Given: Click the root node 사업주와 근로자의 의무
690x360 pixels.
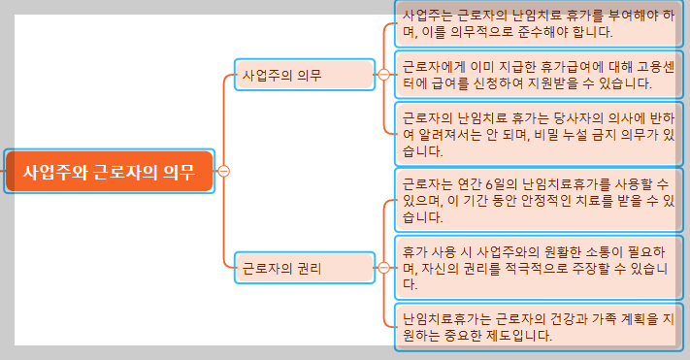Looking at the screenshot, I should [109, 172].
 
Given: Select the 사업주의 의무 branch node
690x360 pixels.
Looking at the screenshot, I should [305, 75].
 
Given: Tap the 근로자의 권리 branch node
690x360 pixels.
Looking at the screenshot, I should [305, 267].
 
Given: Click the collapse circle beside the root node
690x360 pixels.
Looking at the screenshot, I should [224, 172].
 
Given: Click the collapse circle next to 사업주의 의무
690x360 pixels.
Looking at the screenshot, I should [384, 75].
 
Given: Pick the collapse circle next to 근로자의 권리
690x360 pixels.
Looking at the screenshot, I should [384, 267].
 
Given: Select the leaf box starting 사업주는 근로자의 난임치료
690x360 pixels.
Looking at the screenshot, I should [539, 23].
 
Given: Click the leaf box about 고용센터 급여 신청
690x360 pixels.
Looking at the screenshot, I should [539, 75].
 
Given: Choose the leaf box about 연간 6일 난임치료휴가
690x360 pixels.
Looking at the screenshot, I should [539, 200].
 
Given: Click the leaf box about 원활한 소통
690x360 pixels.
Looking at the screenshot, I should [539, 268].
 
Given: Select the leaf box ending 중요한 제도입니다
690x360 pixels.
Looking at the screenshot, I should [539, 328].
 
